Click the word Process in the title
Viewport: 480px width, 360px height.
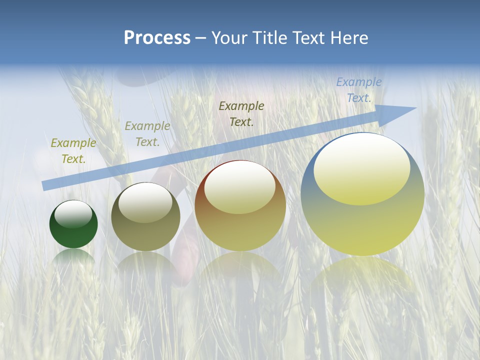point(157,38)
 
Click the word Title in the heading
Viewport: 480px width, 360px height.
point(268,38)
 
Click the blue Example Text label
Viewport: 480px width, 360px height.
point(359,90)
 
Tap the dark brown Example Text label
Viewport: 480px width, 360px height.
point(241,113)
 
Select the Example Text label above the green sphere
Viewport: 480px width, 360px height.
point(73,150)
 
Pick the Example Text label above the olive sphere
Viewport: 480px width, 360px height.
point(147,134)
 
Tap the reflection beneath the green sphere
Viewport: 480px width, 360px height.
point(73,258)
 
